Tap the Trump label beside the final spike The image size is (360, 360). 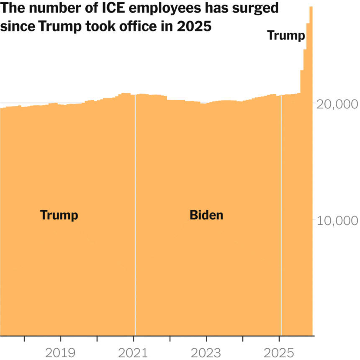click(x=286, y=36)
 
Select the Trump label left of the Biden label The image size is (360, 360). click(x=59, y=215)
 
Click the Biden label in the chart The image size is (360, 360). click(x=206, y=215)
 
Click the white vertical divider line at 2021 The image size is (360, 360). click(x=135, y=209)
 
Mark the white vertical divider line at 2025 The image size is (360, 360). click(x=281, y=209)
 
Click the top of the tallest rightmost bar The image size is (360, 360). click(x=311, y=8)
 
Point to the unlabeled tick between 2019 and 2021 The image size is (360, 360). click(x=98, y=338)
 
